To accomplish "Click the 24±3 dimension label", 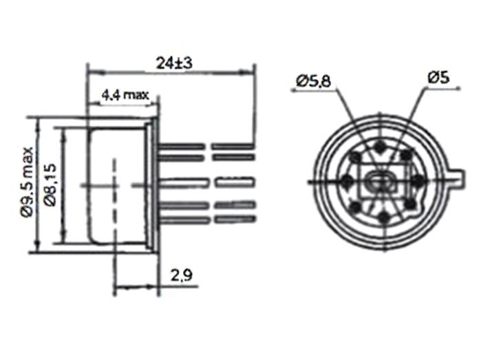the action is click(x=174, y=63).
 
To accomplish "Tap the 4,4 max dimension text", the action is click(x=125, y=95).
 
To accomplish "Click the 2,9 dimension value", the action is click(x=182, y=275).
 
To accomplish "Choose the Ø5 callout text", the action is click(x=438, y=77).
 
